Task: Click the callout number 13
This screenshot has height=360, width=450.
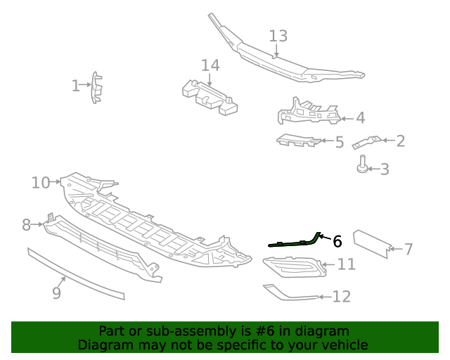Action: pyautogui.click(x=278, y=36)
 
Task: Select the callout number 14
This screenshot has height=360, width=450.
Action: pyautogui.click(x=210, y=66)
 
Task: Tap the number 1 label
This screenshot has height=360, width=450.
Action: pyautogui.click(x=76, y=86)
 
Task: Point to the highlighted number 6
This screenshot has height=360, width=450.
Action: pyautogui.click(x=337, y=241)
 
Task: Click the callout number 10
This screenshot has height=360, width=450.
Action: pyautogui.click(x=40, y=183)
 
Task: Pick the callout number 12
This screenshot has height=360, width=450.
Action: pyautogui.click(x=341, y=297)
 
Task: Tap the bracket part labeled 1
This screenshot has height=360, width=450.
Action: pyautogui.click(x=96, y=87)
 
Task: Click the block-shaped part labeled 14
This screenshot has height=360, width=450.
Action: pyautogui.click(x=209, y=98)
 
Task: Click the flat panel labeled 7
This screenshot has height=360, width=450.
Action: pyautogui.click(x=371, y=243)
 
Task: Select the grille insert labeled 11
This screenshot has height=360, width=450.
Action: pyautogui.click(x=294, y=267)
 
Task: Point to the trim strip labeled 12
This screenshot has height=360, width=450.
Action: pyautogui.click(x=290, y=292)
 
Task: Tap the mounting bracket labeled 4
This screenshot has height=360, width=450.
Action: pyautogui.click(x=308, y=112)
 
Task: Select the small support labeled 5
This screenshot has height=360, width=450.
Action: pyautogui.click(x=299, y=141)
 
